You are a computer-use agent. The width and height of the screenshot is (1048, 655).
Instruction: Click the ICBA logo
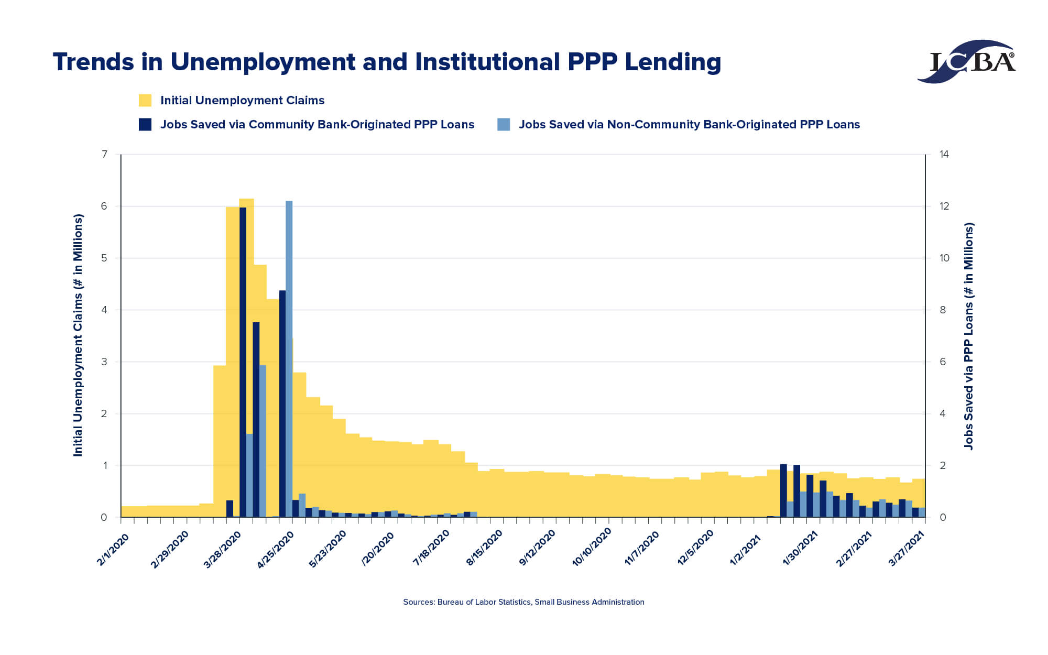(x=967, y=61)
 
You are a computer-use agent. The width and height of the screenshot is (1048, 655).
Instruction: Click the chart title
(x=387, y=62)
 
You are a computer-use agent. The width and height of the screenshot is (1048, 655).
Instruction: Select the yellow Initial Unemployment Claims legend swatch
(x=145, y=100)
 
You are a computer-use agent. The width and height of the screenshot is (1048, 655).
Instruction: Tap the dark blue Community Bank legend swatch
(x=145, y=124)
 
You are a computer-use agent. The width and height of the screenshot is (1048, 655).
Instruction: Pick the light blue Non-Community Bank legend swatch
(x=504, y=124)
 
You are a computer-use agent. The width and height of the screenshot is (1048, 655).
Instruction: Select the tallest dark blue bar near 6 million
(x=243, y=362)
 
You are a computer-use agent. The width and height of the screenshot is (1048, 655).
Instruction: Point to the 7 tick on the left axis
(x=104, y=154)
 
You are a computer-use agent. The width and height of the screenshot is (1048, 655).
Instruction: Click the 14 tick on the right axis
(x=944, y=154)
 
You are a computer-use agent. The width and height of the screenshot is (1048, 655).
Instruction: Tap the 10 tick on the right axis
(x=944, y=258)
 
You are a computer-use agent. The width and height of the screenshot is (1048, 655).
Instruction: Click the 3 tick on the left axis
(x=104, y=362)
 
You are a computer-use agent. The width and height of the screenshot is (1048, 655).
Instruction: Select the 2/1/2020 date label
(x=113, y=548)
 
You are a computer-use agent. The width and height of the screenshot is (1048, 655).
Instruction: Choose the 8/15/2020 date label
(x=484, y=548)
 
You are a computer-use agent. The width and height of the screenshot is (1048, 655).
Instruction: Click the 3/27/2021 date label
(x=907, y=548)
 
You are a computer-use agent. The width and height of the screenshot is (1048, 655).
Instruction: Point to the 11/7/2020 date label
(x=642, y=548)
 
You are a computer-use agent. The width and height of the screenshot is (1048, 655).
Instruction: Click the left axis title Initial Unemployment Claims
(x=78, y=335)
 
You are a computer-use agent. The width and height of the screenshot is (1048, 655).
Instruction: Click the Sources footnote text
(x=523, y=602)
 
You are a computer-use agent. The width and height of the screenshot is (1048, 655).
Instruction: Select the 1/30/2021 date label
(x=800, y=548)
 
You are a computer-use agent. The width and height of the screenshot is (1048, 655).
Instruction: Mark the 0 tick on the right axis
(x=943, y=517)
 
